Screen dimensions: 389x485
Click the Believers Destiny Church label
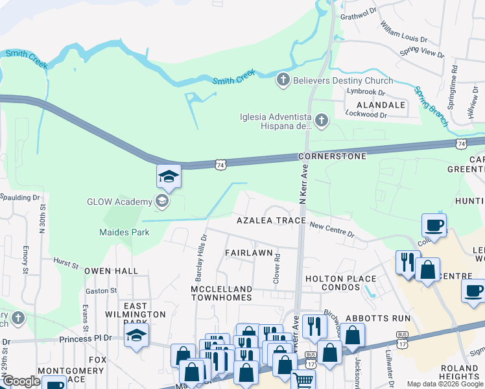point(343,80)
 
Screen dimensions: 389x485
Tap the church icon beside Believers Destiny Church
point(283,80)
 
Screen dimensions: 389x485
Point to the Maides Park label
point(124,232)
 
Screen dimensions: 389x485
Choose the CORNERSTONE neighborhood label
point(332,156)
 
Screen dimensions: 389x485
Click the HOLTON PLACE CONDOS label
point(340,279)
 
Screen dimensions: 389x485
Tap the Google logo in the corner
point(21,381)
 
